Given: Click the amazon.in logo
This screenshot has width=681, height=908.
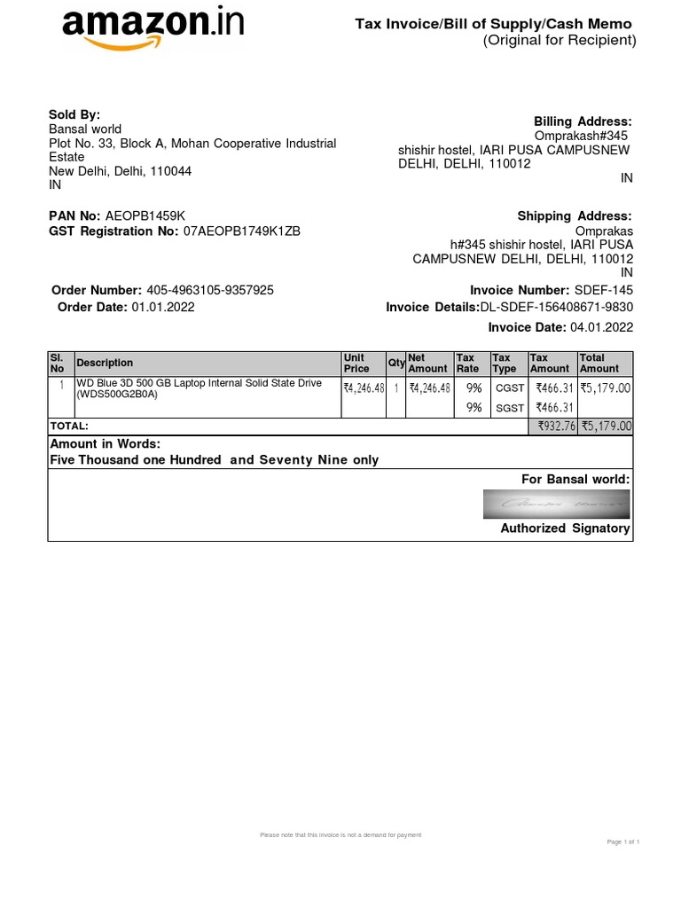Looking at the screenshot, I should (152, 27).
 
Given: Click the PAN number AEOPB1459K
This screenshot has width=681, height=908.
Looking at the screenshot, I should (145, 216).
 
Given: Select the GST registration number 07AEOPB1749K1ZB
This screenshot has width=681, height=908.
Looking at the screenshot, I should (242, 231).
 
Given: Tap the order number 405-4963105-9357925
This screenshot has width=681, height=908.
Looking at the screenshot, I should (209, 290).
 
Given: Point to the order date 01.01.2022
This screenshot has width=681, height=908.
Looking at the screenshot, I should (163, 307).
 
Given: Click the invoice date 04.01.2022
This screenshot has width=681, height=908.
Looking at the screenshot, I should (602, 327).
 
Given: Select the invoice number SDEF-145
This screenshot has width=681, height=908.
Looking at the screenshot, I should (603, 290).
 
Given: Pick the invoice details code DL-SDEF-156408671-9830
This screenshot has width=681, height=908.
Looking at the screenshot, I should (557, 307).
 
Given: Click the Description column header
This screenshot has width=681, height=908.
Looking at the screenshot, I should (105, 363).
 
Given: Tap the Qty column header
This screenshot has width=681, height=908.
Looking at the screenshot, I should (395, 363).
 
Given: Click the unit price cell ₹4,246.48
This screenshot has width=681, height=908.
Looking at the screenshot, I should (364, 387).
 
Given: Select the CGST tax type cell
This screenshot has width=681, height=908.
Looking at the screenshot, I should (509, 387).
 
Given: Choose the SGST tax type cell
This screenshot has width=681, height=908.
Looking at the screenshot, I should (509, 407).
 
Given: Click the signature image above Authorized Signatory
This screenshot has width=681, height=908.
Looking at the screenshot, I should (558, 504).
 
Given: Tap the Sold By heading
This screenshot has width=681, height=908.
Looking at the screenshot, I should (74, 114).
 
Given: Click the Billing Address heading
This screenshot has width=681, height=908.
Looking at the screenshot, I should (583, 121).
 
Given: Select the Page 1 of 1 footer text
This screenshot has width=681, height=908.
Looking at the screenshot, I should (622, 841).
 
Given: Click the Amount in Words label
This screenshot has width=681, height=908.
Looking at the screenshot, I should (105, 444).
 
